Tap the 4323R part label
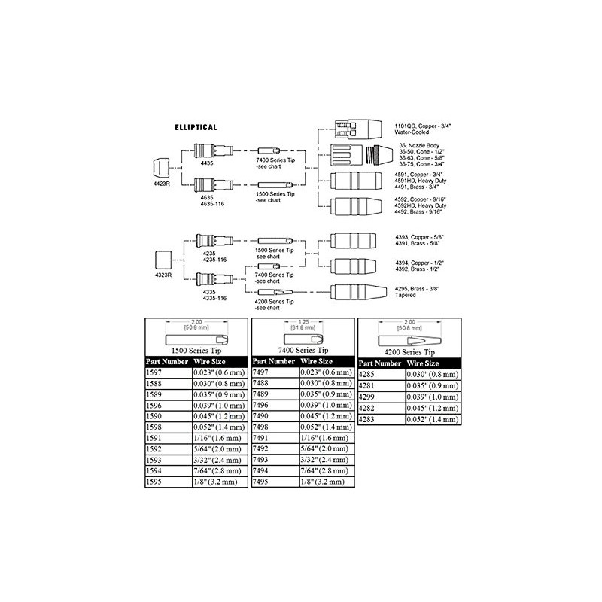click(x=163, y=275)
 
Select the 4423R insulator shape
click(x=161, y=166)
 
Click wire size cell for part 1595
click(x=219, y=482)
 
